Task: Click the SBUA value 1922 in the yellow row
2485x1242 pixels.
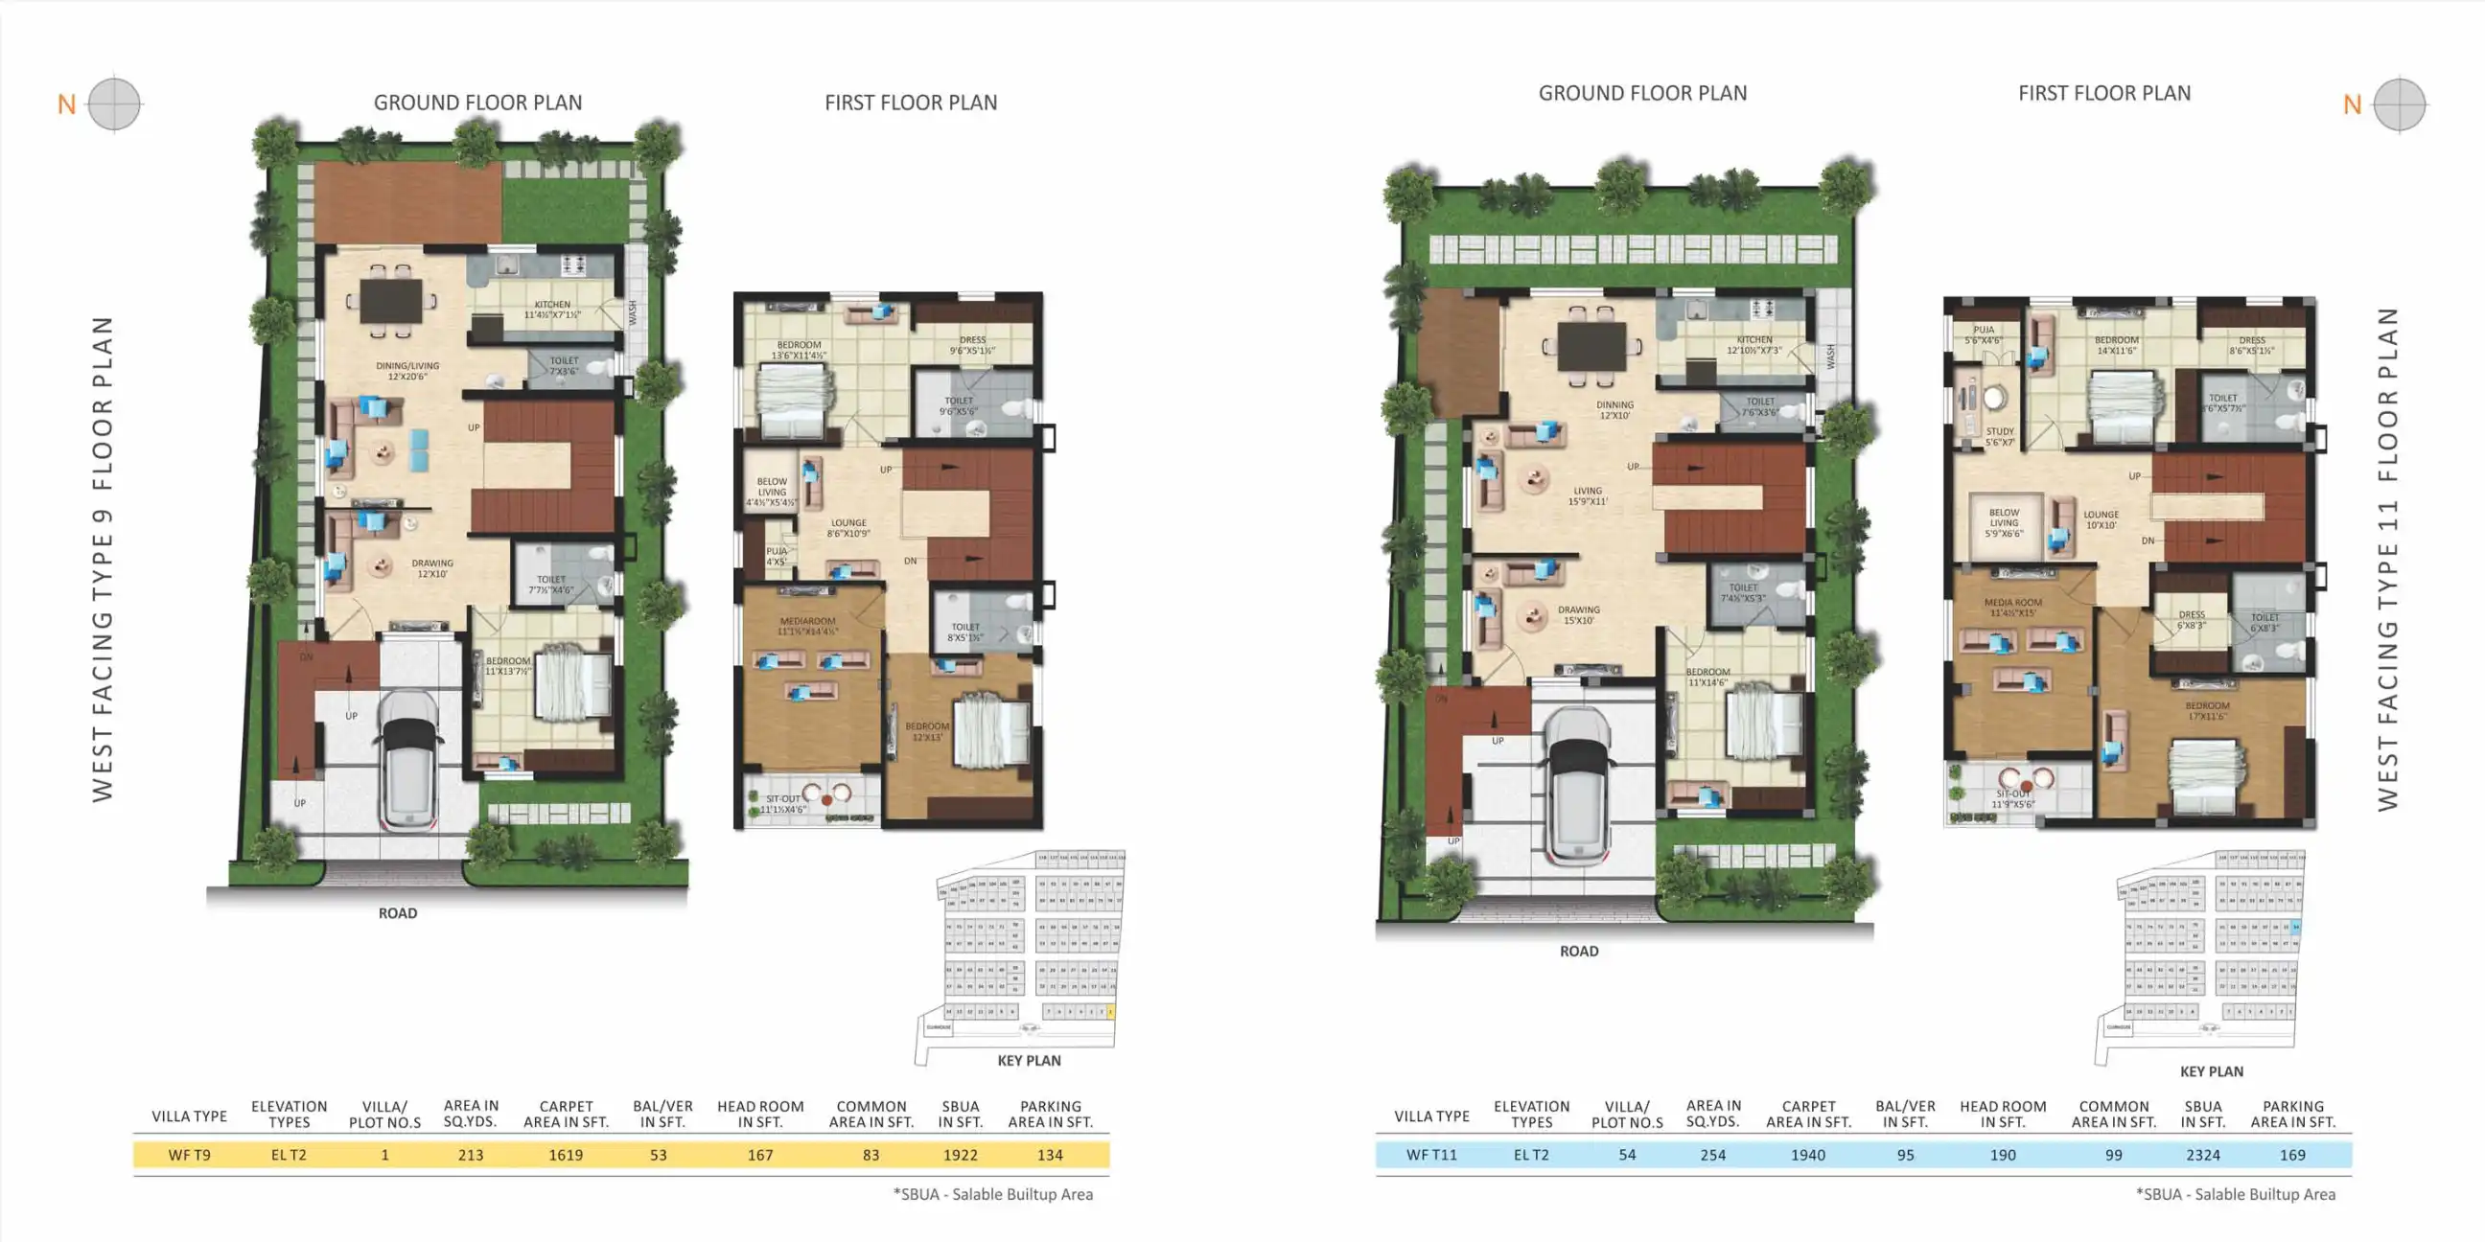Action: click(x=960, y=1154)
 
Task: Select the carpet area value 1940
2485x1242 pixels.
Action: click(x=1808, y=1154)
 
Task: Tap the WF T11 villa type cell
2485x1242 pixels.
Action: click(x=1431, y=1154)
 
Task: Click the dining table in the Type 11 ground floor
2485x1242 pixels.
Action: click(x=1591, y=345)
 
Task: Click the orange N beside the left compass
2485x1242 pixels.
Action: click(x=66, y=104)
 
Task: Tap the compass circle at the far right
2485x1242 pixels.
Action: click(x=2399, y=104)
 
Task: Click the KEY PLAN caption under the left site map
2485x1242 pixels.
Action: click(x=1029, y=1061)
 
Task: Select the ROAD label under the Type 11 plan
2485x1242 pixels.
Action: click(x=1578, y=951)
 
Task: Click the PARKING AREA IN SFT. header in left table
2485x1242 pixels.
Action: click(x=1051, y=1114)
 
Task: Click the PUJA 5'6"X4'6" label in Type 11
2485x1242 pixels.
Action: click(x=1984, y=334)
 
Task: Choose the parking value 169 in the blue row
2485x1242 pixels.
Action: click(x=2292, y=1154)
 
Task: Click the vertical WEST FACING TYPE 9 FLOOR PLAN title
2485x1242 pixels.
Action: click(x=103, y=560)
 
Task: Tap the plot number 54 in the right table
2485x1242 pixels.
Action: click(x=1626, y=1154)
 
